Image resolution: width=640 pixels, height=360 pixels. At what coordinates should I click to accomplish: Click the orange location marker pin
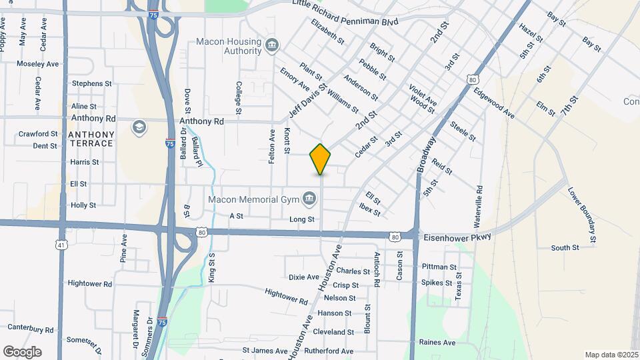click(x=321, y=159)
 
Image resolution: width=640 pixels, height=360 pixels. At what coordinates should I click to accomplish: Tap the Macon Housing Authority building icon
click(x=272, y=46)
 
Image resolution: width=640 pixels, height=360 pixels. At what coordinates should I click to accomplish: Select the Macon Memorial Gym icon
click(x=309, y=199)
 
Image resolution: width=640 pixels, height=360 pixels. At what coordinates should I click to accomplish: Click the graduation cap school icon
click(x=139, y=127)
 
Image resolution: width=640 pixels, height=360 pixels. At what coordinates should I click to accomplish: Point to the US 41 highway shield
click(x=61, y=246)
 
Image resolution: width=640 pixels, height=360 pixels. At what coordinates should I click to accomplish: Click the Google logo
click(x=22, y=351)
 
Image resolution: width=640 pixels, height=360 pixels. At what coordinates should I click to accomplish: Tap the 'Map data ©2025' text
click(x=611, y=355)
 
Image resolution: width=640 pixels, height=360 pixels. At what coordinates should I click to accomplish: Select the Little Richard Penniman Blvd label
click(x=345, y=13)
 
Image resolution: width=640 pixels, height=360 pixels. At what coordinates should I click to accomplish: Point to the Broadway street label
click(x=427, y=155)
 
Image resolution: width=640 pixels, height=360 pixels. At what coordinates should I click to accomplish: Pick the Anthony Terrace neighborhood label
click(x=91, y=139)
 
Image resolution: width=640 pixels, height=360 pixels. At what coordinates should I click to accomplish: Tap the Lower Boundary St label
click(x=581, y=213)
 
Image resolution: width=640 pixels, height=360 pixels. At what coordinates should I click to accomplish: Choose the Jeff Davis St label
click(x=307, y=100)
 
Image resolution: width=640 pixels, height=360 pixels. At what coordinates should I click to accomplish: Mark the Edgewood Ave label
click(x=494, y=104)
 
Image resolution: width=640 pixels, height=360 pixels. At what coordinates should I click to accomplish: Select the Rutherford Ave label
click(x=329, y=351)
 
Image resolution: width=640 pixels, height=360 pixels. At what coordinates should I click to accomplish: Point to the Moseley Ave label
click(x=37, y=64)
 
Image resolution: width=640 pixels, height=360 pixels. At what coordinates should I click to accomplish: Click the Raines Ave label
click(x=437, y=342)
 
